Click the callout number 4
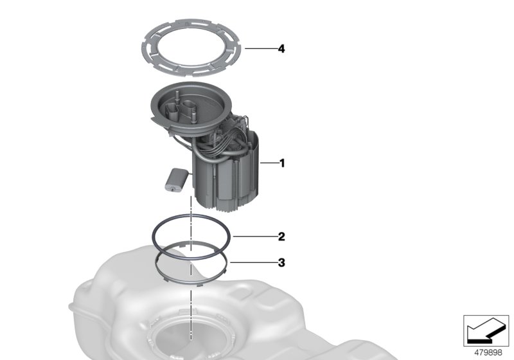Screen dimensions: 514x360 point(281,49)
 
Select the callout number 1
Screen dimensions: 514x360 point(282,163)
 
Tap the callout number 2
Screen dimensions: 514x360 point(281,237)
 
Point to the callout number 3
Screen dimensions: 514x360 point(281,263)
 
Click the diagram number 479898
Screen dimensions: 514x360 point(488,353)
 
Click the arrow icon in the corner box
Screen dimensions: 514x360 point(486,330)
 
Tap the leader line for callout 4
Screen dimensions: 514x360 point(260,48)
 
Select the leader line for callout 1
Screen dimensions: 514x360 point(269,163)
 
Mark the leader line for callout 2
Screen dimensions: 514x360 point(254,236)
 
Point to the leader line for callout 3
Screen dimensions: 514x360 point(253,262)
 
